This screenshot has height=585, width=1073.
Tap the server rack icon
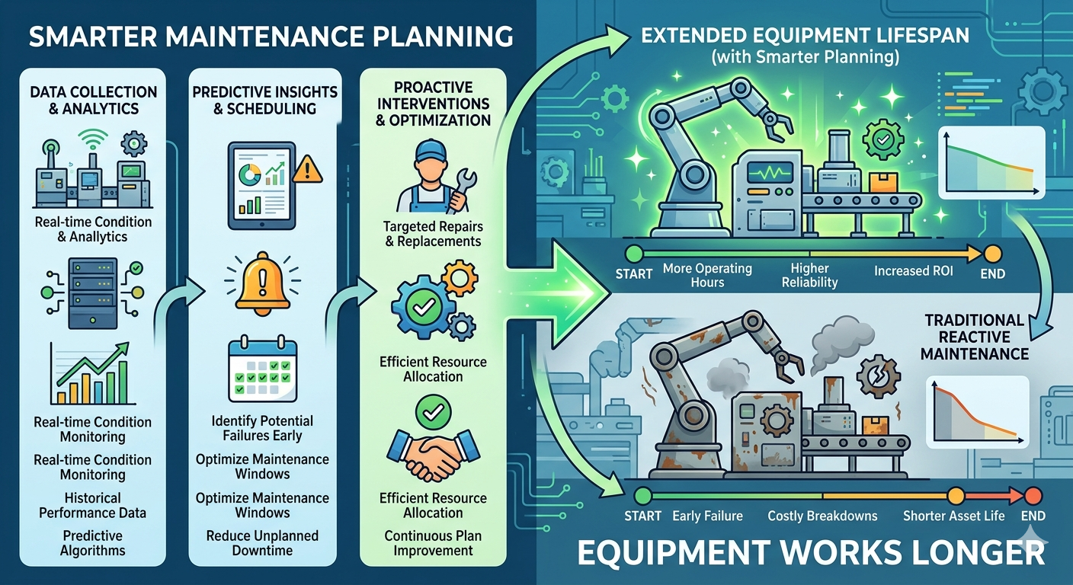pyautogui.click(x=93, y=293)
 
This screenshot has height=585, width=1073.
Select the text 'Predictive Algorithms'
pyautogui.click(x=92, y=543)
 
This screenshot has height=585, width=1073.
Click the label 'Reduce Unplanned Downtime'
pyautogui.click(x=262, y=543)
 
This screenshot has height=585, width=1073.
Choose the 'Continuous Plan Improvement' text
pyautogui.click(x=433, y=543)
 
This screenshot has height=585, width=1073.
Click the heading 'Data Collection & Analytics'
pyautogui.click(x=94, y=100)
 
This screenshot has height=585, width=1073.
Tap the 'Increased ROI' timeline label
pyautogui.click(x=914, y=271)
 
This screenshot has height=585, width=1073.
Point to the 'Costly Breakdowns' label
pyautogui.click(x=822, y=516)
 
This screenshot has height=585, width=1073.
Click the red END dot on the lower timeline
pyautogui.click(x=1033, y=495)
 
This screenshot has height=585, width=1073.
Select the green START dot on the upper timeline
pyautogui.click(x=634, y=253)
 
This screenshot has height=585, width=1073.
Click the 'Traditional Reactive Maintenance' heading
pyautogui.click(x=975, y=337)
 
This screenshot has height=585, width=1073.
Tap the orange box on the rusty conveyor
pyautogui.click(x=876, y=425)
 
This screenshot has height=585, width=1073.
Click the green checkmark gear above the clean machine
pyautogui.click(x=882, y=139)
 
